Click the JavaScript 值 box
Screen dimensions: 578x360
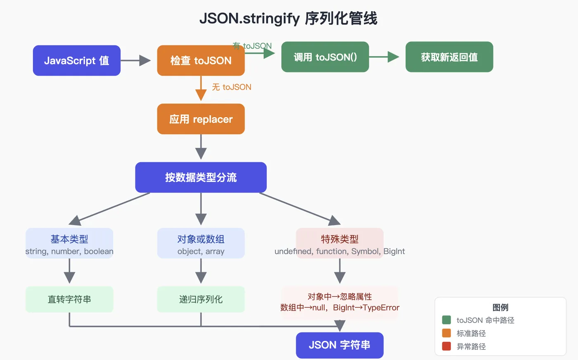77,60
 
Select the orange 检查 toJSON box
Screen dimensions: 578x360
201,60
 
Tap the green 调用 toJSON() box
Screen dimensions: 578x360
325,57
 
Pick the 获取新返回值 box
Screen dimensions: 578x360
449,57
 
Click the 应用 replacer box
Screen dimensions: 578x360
201,119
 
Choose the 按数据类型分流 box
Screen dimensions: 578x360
201,177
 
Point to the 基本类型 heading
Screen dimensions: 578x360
69,239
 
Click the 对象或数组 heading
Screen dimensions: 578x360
201,239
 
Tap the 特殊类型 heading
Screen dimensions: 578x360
339,239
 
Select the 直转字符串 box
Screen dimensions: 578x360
69,299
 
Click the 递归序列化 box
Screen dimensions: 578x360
201,299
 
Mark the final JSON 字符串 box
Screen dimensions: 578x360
339,345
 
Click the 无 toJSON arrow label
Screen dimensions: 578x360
232,87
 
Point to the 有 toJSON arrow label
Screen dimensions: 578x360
252,46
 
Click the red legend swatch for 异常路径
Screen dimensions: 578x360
446,346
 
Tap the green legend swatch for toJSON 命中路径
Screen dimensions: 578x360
446,320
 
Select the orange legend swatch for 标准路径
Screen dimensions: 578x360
446,333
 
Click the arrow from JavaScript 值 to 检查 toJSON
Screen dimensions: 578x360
136,60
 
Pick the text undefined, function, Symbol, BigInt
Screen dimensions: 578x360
339,251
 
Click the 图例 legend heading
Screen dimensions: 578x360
500,307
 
